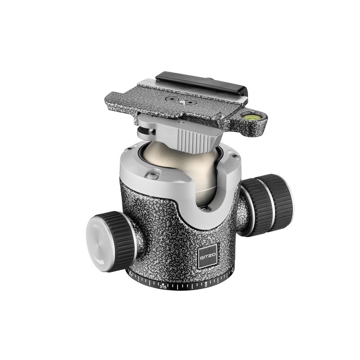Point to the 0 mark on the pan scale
pos(205,284)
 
